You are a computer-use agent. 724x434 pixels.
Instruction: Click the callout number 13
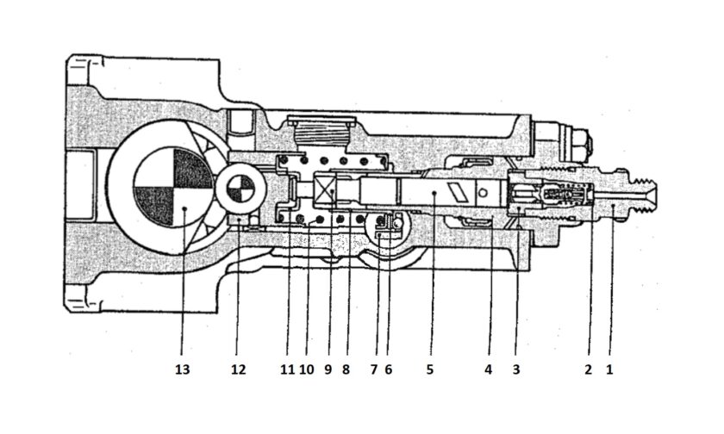point(182,369)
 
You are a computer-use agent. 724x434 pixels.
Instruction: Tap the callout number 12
point(239,369)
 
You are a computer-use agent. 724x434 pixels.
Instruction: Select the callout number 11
point(287,369)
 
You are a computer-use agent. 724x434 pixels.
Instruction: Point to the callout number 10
point(306,369)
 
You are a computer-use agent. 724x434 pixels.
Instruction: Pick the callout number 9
point(328,369)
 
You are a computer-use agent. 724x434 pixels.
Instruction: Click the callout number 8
point(346,369)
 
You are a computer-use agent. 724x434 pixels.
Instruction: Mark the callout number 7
point(373,369)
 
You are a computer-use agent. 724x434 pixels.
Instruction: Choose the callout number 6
point(388,369)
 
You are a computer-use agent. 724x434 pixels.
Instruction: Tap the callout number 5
point(430,369)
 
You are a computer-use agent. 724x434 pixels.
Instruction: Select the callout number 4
point(488,369)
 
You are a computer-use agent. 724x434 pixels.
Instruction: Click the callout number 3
point(515,369)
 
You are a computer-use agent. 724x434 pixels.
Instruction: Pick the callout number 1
point(609,369)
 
